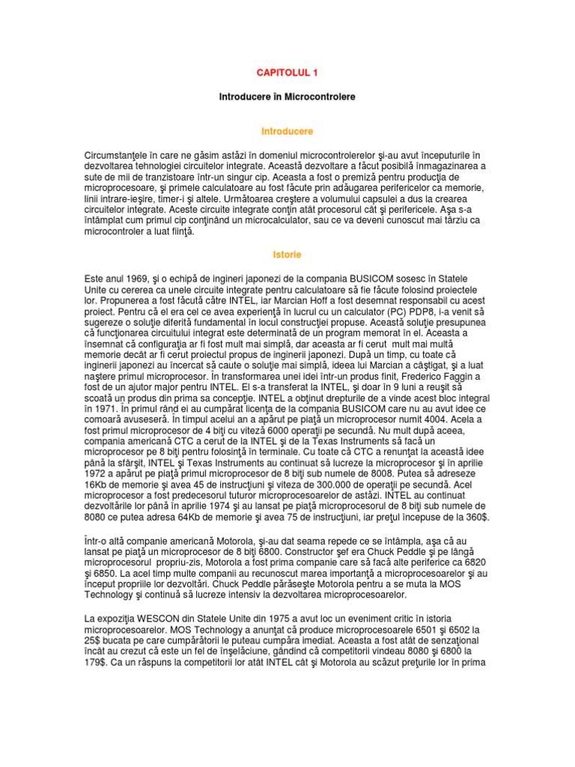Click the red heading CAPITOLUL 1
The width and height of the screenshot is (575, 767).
pyautogui.click(x=287, y=73)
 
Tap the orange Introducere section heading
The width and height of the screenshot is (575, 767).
pyautogui.click(x=287, y=131)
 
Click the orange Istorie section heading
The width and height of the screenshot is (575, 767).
pyautogui.click(x=287, y=255)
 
